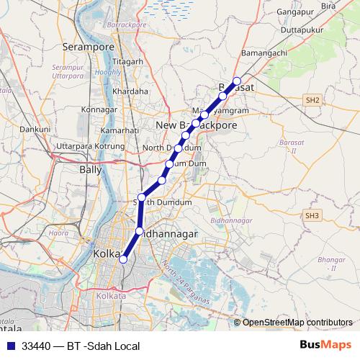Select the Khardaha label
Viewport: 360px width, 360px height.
[130, 91]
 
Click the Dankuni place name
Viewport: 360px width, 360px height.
[34, 129]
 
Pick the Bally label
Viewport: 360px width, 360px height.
[90, 170]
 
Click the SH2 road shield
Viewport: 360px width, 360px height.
[311, 99]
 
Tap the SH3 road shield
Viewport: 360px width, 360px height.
[311, 215]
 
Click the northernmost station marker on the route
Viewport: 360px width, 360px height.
[237, 81]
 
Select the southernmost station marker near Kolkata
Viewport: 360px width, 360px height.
[123, 259]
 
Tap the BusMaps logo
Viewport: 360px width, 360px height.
[326, 345]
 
